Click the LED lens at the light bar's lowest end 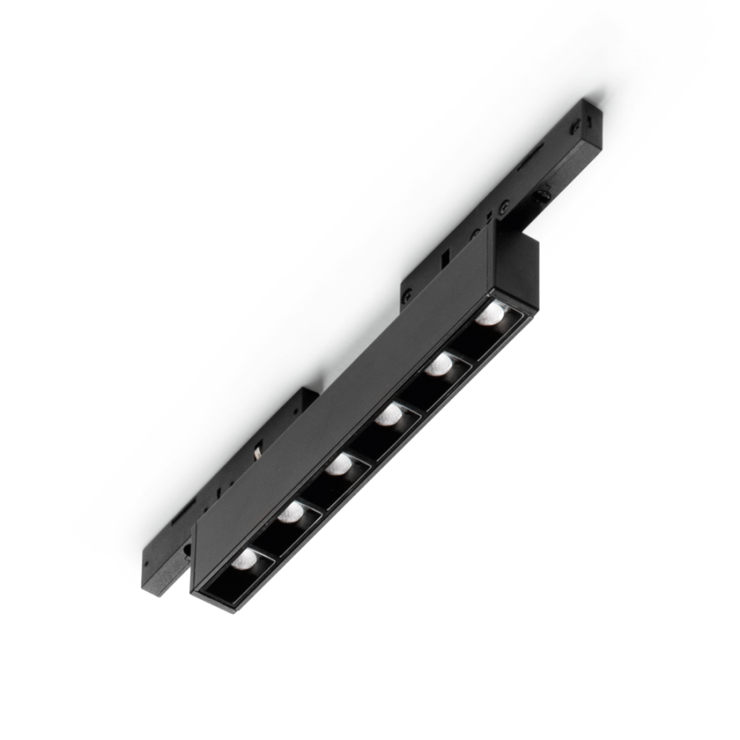pyautogui.click(x=244, y=559)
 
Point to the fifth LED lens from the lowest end pyautogui.click(x=438, y=365)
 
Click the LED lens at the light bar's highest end pyautogui.click(x=491, y=313)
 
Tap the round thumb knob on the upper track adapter pyautogui.click(x=543, y=197)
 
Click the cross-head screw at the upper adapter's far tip pyautogui.click(x=576, y=126)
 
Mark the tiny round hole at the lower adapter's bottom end pyautogui.click(x=147, y=567)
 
